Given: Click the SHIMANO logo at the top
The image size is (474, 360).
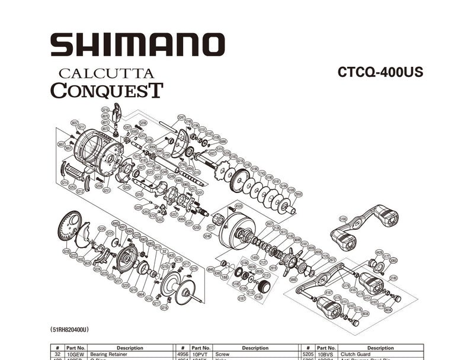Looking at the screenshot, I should coord(137,44).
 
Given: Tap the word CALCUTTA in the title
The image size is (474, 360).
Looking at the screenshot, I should coord(106,74).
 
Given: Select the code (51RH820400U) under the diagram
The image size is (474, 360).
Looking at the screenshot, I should coord(71,329).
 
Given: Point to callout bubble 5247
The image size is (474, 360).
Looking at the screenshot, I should coord(181,118).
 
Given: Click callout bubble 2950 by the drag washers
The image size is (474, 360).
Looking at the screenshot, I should coord(299,194).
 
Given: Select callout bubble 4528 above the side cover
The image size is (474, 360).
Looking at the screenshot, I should coord(239,206).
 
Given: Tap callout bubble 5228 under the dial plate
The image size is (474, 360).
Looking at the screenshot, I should coord(66,252).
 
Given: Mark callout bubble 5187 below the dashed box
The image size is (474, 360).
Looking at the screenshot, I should coord(241,298).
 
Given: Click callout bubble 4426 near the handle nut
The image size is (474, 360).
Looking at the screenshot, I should coord(379,253).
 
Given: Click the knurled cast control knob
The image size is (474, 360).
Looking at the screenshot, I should coord(264,287).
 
